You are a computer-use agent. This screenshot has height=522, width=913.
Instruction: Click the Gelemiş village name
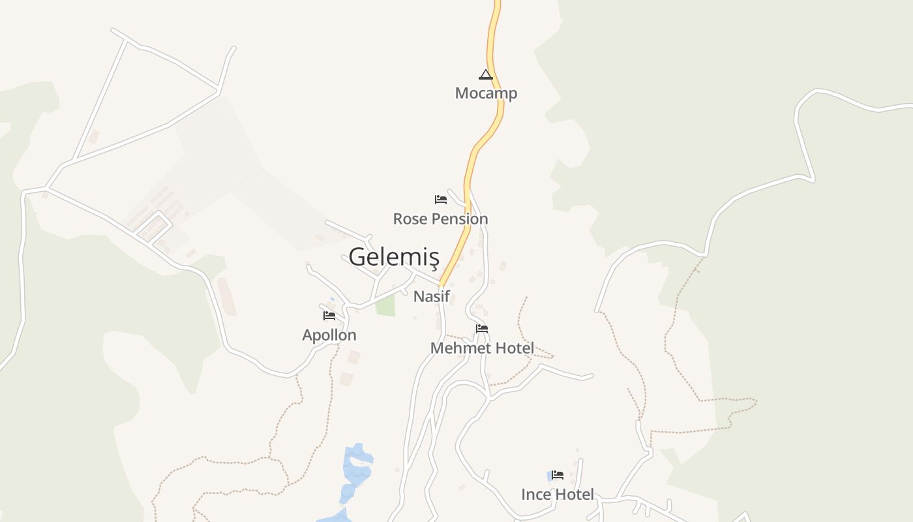pyautogui.click(x=394, y=257)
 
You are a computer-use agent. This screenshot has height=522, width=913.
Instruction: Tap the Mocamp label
pyautogui.click(x=486, y=93)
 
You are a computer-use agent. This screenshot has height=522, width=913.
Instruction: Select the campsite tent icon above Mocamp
pyautogui.click(x=486, y=74)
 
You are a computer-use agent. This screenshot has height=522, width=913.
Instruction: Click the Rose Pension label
pyautogui.click(x=440, y=219)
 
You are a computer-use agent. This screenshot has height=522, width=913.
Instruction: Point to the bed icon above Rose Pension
pyautogui.click(x=441, y=199)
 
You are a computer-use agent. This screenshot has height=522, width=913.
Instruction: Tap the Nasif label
pyautogui.click(x=432, y=296)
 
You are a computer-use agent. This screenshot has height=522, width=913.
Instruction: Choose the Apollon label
pyautogui.click(x=329, y=335)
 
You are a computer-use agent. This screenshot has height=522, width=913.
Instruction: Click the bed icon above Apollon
pyautogui.click(x=329, y=316)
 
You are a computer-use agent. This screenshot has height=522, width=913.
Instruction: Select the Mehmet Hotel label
pyautogui.click(x=482, y=348)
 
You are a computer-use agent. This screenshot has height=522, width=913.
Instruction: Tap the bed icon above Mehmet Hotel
pyautogui.click(x=482, y=328)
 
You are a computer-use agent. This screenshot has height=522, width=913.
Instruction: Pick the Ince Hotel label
pyautogui.click(x=558, y=495)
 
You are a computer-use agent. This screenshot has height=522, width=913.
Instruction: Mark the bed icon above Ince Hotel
pyautogui.click(x=558, y=475)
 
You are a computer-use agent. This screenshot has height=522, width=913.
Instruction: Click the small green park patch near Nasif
pyautogui.click(x=385, y=305)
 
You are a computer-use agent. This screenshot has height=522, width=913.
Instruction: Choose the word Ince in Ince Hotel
pyautogui.click(x=536, y=495)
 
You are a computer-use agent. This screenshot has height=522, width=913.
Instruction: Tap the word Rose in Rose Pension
pyautogui.click(x=408, y=219)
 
